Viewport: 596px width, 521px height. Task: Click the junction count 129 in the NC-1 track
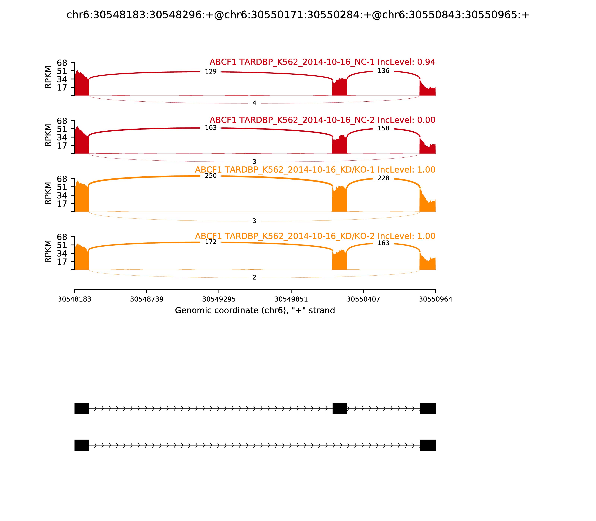coord(211,71)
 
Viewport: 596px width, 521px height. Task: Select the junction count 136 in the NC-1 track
coord(383,71)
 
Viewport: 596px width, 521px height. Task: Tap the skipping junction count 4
coord(254,103)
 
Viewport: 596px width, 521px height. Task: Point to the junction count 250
coord(211,176)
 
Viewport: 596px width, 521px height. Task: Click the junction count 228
coord(383,178)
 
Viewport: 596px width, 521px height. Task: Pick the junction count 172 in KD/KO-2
coord(211,242)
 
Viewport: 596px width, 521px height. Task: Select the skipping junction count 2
coord(254,277)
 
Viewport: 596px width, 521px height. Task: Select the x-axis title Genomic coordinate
coord(255,311)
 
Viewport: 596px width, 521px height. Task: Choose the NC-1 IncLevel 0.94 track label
coord(322,62)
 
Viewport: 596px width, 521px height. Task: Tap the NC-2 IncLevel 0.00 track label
coord(322,120)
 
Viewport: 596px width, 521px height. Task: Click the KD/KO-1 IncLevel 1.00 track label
coord(315,170)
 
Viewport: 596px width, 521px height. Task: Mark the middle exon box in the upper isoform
coord(340,408)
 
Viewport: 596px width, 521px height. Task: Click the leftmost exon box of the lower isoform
coord(82,445)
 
